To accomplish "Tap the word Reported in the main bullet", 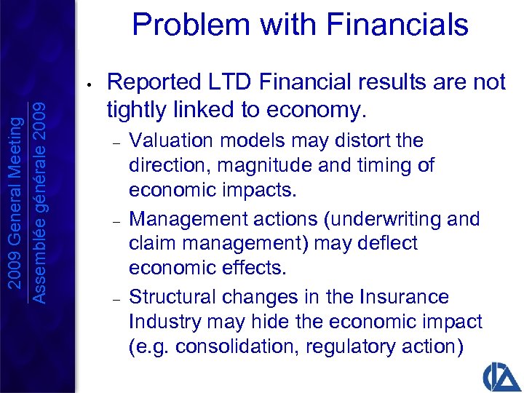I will click(151, 83).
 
